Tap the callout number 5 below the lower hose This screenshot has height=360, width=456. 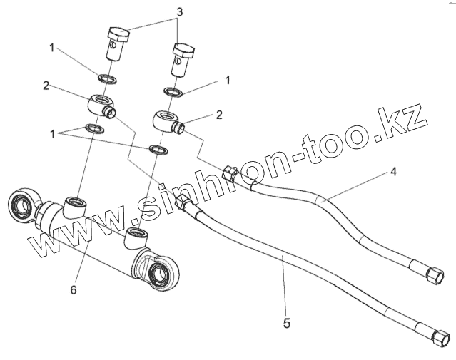286,322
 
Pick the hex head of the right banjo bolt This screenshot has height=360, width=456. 183,51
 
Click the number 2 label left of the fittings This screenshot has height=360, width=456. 46,86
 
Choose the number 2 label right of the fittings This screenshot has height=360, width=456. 219,114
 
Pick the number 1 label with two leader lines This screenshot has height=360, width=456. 51,133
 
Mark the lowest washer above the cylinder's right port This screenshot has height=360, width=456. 157,150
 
